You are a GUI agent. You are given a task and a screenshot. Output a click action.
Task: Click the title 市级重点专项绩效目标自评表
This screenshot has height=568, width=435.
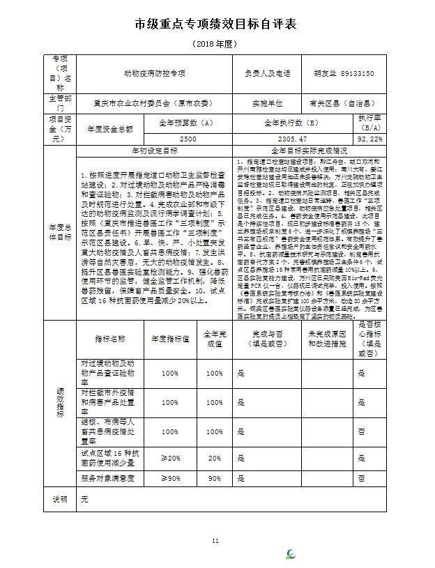(x=216, y=24)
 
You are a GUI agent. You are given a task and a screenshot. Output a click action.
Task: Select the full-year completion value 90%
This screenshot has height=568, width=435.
(x=213, y=479)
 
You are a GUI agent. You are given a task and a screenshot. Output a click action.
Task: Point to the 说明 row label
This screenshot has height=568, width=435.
(x=60, y=500)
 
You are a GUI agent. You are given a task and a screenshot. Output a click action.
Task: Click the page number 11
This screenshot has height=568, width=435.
(x=215, y=540)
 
